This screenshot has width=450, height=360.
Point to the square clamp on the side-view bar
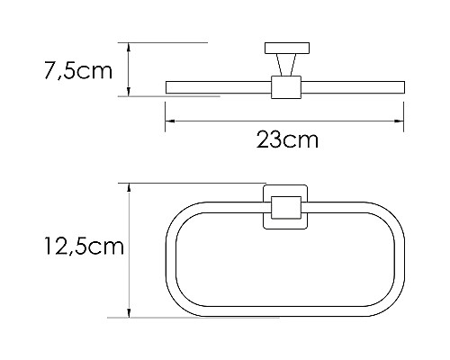(283, 87)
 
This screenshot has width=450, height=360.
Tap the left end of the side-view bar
(169, 87)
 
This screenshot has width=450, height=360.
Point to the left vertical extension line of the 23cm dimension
(165, 112)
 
